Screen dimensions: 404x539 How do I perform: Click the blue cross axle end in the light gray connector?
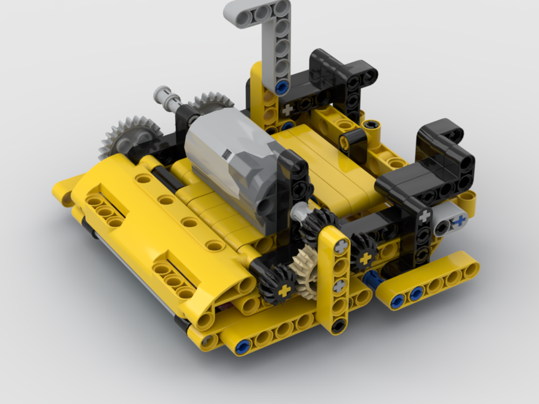tap(460, 221)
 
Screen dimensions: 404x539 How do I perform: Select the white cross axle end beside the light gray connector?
tap(425, 216)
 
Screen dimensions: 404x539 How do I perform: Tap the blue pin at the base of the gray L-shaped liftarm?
tap(280, 87)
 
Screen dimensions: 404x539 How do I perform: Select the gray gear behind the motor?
tap(211, 102)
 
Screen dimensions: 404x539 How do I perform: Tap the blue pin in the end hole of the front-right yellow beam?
tap(398, 302)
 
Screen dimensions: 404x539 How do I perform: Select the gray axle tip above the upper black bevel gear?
tap(298, 213)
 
